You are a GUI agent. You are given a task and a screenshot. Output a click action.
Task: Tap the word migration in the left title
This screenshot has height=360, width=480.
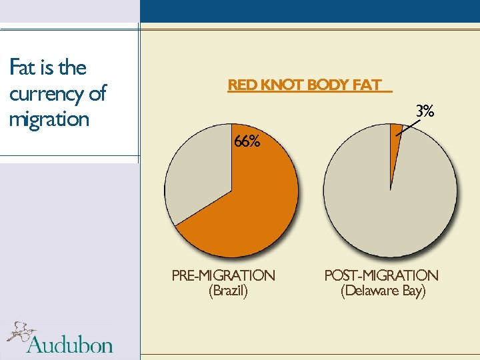49,120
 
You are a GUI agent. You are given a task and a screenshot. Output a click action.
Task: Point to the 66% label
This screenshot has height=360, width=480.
246,141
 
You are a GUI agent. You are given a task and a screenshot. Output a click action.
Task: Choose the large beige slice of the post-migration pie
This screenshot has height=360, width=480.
393,200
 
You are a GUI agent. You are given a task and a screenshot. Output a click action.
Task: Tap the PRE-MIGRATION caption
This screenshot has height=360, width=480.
223,275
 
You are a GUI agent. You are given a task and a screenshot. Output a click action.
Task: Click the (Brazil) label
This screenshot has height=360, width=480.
228,291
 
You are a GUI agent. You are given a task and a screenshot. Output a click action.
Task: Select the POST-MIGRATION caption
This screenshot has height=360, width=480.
381,275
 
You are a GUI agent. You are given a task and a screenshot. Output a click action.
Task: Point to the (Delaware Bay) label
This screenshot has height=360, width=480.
383,291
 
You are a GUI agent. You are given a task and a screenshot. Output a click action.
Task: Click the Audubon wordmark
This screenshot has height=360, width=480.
70,344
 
